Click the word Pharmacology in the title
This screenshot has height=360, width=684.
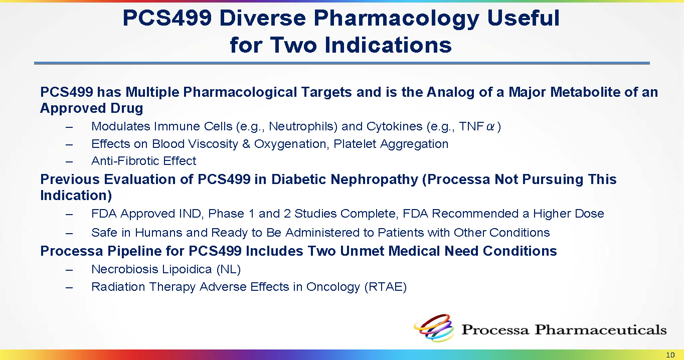396,19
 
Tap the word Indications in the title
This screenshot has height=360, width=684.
388,45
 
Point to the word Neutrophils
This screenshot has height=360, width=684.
303,126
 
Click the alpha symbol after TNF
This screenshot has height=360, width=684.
490,126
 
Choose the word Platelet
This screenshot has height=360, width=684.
355,144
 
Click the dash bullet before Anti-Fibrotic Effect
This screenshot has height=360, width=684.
69,162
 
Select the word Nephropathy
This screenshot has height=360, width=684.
375,179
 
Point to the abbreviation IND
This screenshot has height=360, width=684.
192,214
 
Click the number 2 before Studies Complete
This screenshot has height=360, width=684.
287,214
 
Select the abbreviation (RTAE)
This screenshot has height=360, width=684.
385,287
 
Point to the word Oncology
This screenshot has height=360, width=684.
333,287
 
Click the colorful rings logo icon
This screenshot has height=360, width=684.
434,328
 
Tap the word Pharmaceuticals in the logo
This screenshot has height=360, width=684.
600,330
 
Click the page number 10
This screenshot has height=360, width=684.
670,355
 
